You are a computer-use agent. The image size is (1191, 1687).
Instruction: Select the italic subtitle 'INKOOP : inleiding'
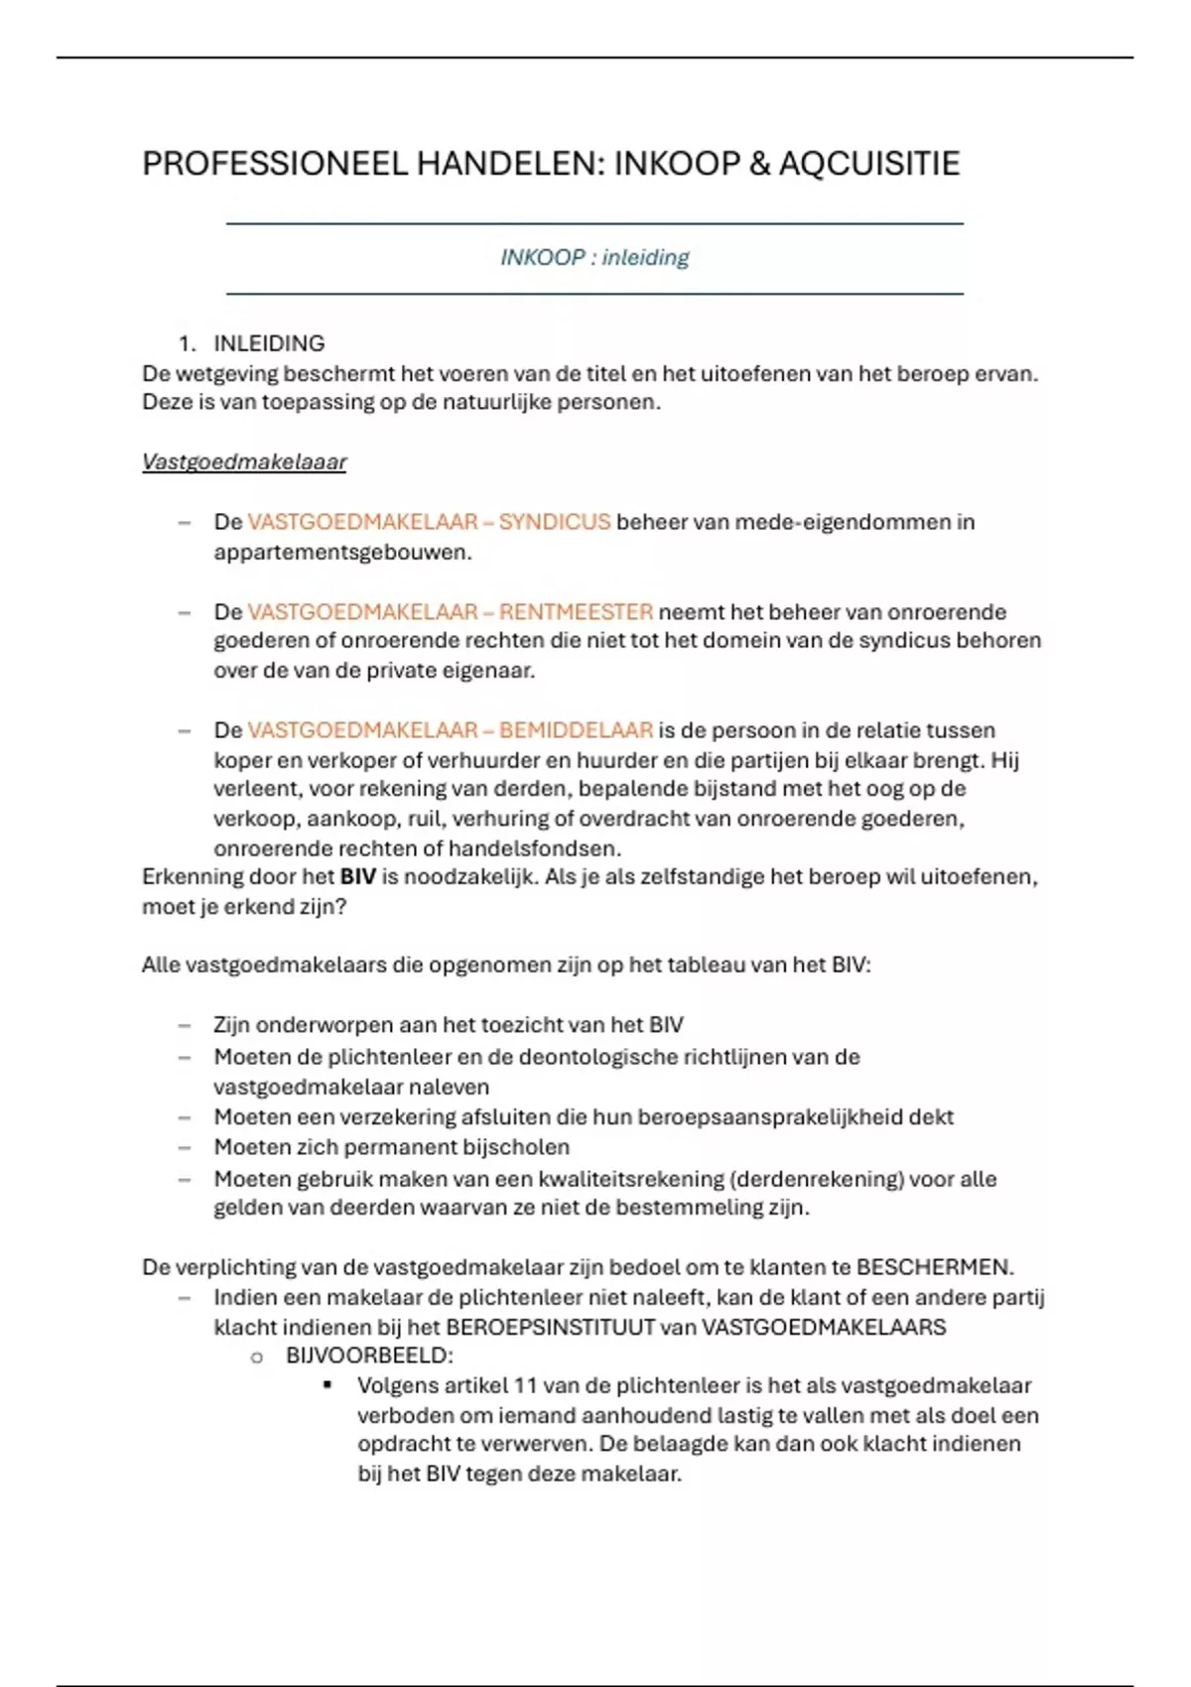point(595,258)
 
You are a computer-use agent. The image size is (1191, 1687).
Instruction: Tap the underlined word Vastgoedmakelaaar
point(244,462)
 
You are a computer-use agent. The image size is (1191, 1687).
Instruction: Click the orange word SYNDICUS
point(554,522)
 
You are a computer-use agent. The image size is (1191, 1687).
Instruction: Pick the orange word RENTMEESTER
point(576,611)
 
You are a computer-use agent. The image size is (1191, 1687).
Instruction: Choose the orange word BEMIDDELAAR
point(576,730)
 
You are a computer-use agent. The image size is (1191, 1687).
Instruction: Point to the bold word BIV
point(357,877)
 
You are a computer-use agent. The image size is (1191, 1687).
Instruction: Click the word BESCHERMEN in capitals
point(933,1267)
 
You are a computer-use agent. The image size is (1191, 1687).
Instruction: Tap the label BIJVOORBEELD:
point(369,1356)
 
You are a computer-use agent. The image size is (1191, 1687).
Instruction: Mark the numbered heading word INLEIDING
point(269,343)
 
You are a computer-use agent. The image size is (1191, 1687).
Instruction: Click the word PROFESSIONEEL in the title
point(275,164)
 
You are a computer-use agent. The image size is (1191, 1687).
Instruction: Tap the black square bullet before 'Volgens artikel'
point(328,1384)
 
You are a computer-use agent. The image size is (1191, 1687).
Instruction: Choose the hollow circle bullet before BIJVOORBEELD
point(257,1357)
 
